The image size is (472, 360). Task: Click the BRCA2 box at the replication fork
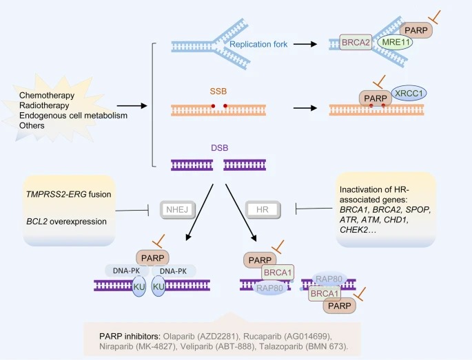point(356,43)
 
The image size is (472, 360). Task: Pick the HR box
point(262,208)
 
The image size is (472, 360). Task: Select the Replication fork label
point(258,45)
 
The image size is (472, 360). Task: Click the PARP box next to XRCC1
point(376,98)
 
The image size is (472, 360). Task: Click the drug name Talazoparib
point(279,347)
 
